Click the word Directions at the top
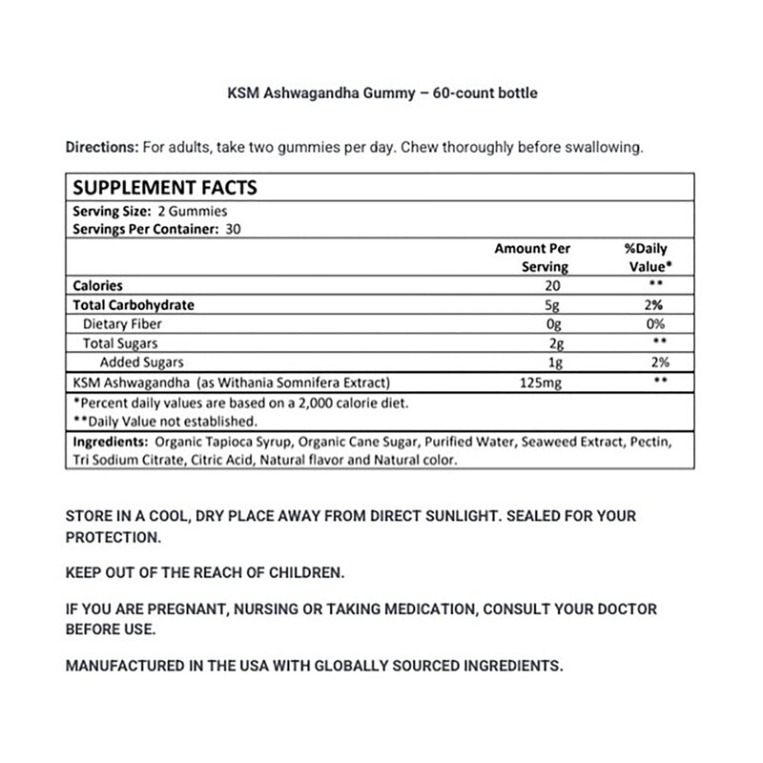[101, 148]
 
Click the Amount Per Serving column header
[532, 258]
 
